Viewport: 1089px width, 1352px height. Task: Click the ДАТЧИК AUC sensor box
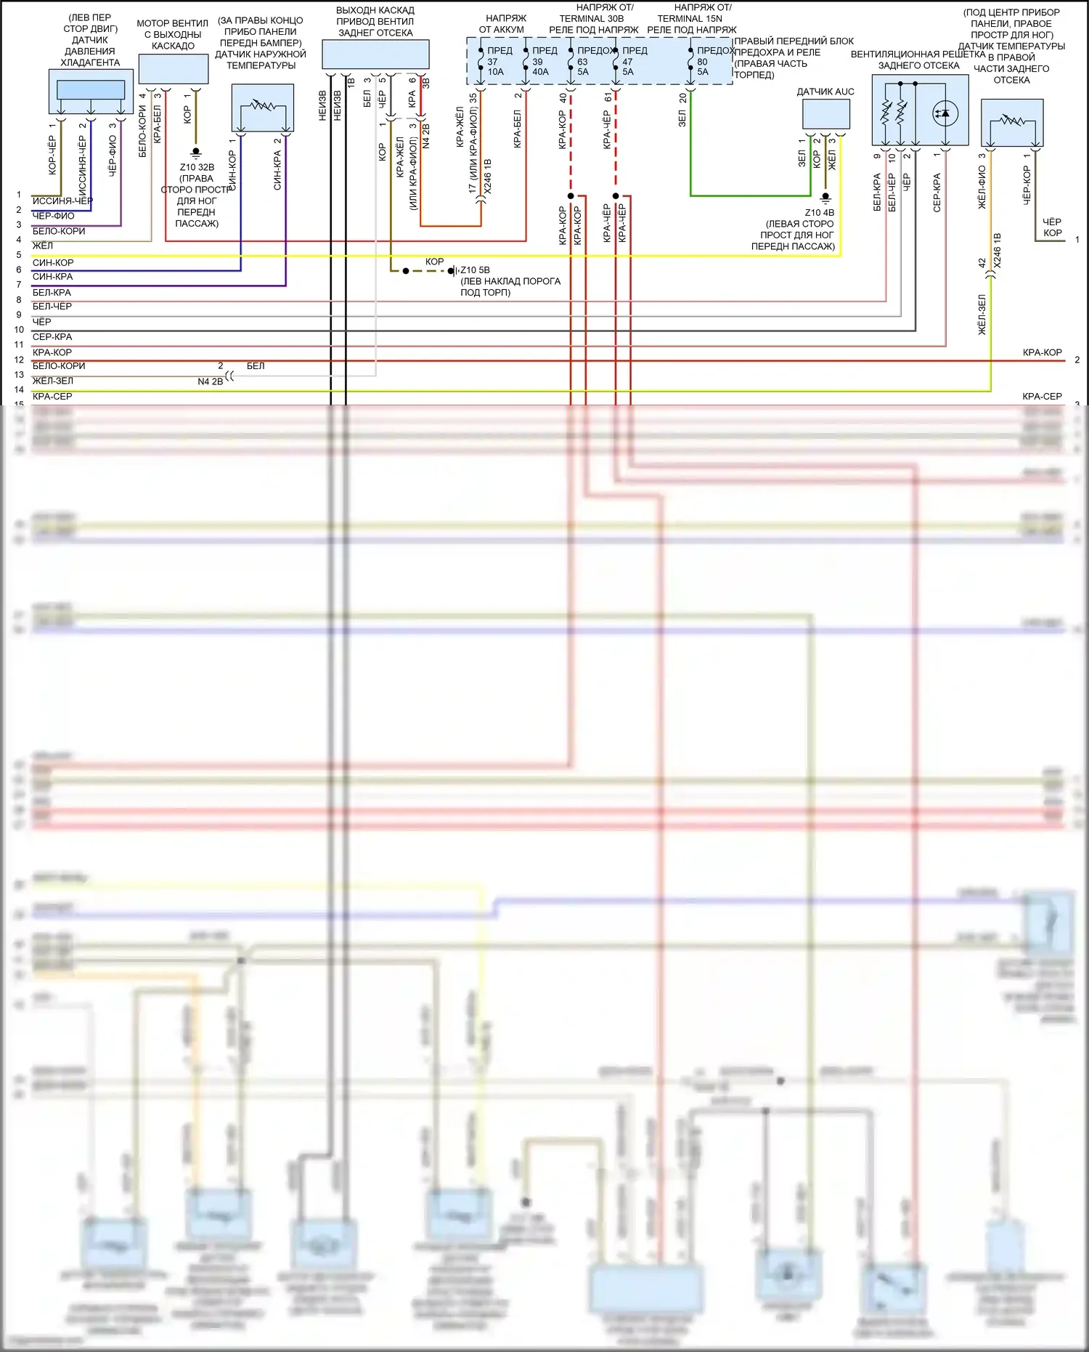pyautogui.click(x=825, y=114)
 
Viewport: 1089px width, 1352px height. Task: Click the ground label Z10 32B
pyautogui.click(x=197, y=167)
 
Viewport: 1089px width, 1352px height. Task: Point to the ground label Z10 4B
pyautogui.click(x=819, y=213)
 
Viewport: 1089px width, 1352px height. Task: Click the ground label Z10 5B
pyautogui.click(x=475, y=270)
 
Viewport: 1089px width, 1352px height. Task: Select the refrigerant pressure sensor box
pyautogui.click(x=91, y=91)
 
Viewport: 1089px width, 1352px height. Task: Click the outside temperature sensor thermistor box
pyautogui.click(x=263, y=108)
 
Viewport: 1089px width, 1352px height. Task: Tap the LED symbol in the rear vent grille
pyautogui.click(x=944, y=113)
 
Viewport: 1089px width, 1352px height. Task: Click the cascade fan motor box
pyautogui.click(x=174, y=69)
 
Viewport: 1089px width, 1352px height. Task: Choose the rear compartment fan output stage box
pyautogui.click(x=375, y=54)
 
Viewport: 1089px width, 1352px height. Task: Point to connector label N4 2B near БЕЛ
pyautogui.click(x=210, y=381)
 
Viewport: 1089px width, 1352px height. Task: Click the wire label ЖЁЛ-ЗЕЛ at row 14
pyautogui.click(x=53, y=381)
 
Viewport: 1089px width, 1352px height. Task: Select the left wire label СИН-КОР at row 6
pyautogui.click(x=53, y=262)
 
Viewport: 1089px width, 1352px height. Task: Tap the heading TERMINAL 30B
pyautogui.click(x=591, y=19)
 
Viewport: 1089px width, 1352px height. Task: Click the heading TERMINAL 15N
pyautogui.click(x=690, y=19)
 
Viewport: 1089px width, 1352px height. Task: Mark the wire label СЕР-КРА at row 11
pyautogui.click(x=52, y=337)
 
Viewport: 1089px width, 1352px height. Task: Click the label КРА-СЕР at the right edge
pyautogui.click(x=1042, y=397)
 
